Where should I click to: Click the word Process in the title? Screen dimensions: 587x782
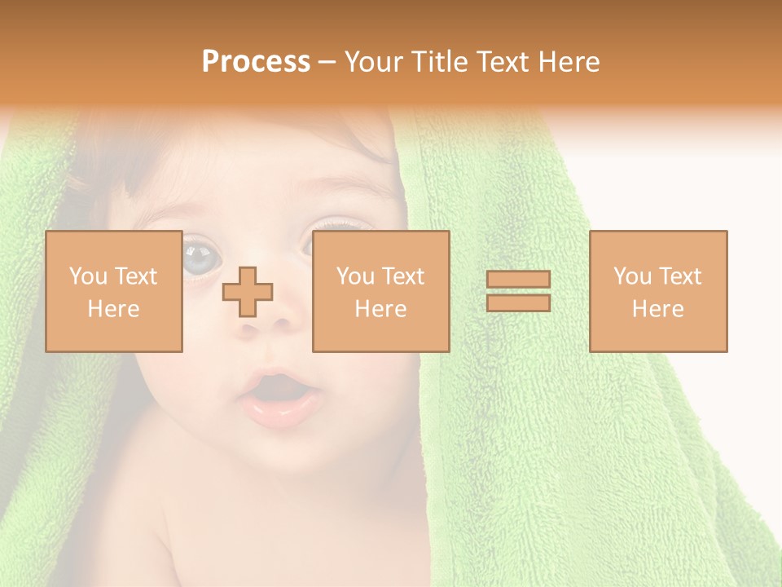coord(256,62)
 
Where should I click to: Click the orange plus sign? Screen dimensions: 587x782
coord(248,291)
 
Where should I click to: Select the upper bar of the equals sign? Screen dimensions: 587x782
coord(518,280)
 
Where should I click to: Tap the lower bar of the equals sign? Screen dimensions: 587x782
coord(518,302)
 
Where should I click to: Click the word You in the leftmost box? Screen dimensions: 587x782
coord(86,276)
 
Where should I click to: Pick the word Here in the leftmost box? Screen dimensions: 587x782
coord(113,309)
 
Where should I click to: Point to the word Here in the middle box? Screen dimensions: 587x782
coord(380,309)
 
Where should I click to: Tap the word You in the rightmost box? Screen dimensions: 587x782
coord(631,276)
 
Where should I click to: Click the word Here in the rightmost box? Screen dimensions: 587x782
coord(657,309)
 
